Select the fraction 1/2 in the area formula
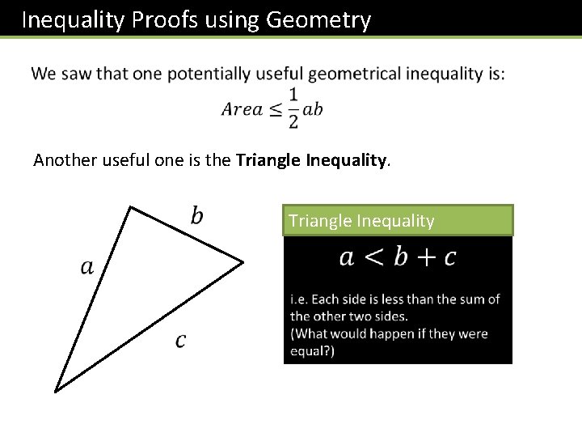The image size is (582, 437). coord(293,108)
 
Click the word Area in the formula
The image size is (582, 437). coord(242,109)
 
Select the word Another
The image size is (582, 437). coord(65,160)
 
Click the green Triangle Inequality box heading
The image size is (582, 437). coord(398,220)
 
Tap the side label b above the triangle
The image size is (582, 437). coord(197,215)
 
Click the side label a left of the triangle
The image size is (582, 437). coord(87,266)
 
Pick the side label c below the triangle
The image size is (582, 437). coord(179,341)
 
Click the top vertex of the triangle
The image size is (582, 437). coord(130,207)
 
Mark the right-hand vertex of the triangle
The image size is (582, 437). coord(242,262)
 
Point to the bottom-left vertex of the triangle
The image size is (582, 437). coord(55,391)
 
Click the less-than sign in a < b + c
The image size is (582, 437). coord(374,257)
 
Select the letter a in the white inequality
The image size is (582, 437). coord(347,258)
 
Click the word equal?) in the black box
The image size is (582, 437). coord(313,351)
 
